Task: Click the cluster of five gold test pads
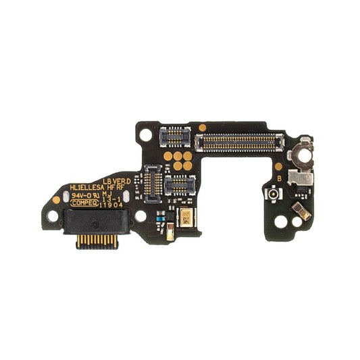coord(179,159)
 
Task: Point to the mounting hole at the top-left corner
coord(144,133)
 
